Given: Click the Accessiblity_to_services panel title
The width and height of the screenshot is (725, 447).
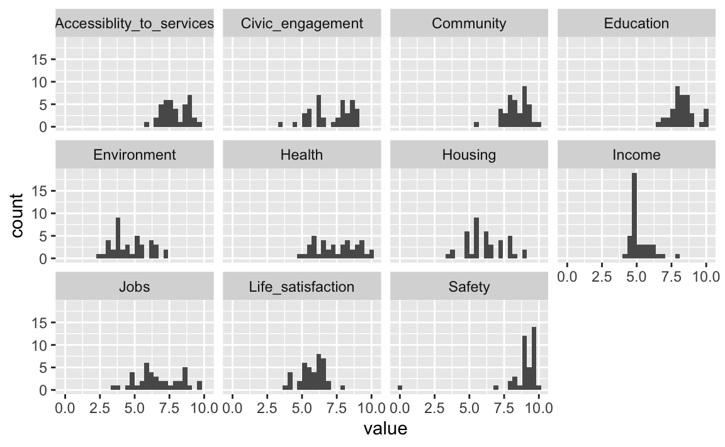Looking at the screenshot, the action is click(x=135, y=23).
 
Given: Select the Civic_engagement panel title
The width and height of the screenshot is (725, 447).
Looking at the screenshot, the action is click(x=302, y=23).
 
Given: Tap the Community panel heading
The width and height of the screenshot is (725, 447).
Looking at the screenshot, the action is click(x=469, y=23).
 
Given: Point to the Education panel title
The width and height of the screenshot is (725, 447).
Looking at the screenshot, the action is click(x=636, y=23).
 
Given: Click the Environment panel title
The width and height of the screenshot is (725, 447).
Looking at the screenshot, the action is click(x=135, y=155).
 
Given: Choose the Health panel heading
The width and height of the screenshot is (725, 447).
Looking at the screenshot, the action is click(x=301, y=155).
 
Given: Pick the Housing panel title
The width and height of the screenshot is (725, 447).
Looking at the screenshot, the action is click(x=469, y=155).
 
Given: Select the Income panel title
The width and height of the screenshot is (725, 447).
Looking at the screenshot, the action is click(x=636, y=155).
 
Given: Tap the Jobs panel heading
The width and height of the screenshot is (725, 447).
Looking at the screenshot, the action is click(x=135, y=287).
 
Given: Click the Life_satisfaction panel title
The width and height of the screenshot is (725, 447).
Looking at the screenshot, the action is click(x=301, y=287).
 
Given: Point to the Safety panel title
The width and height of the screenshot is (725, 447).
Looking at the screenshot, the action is click(x=469, y=287).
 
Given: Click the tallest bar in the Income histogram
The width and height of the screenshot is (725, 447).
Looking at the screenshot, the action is click(x=634, y=216).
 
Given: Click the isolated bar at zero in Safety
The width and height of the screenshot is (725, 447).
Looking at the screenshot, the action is click(x=400, y=388).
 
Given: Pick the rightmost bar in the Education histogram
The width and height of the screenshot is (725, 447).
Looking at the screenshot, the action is click(x=706, y=118).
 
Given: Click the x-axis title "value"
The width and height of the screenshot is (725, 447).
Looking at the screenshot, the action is click(x=385, y=429).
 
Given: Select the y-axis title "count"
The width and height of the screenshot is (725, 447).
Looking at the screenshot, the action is click(x=17, y=216).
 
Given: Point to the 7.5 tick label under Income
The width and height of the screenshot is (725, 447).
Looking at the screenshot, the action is click(x=672, y=277).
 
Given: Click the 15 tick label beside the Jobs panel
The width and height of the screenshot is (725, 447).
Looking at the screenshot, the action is click(x=40, y=323).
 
